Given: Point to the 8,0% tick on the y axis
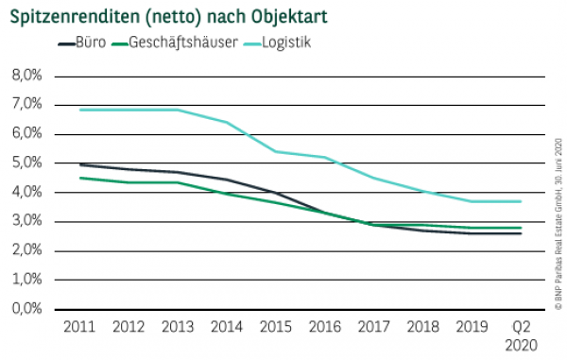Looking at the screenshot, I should pyautogui.click(x=26, y=76).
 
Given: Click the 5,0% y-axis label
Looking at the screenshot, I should pyautogui.click(x=26, y=163).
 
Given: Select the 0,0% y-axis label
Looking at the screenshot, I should pyautogui.click(x=26, y=309).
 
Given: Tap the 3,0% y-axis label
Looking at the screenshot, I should pyautogui.click(x=26, y=222).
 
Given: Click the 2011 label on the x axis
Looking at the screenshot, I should pyautogui.click(x=78, y=328).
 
